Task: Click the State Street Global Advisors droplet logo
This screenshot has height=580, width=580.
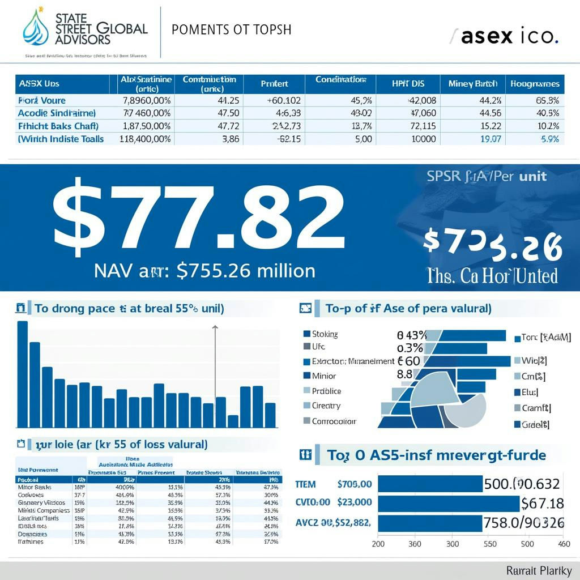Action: pyautogui.click(x=36, y=27)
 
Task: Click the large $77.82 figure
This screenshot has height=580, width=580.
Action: pyautogui.click(x=198, y=218)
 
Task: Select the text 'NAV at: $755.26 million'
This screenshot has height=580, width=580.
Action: pyautogui.click(x=204, y=271)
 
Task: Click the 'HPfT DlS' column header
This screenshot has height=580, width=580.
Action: pyautogui.click(x=408, y=84)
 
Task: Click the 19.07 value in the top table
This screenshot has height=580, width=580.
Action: pyautogui.click(x=490, y=139)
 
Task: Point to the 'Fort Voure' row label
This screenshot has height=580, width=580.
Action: pyautogui.click(x=42, y=100)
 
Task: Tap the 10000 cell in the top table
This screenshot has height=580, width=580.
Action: pyautogui.click(x=423, y=139)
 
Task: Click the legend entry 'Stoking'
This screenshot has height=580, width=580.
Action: pyautogui.click(x=325, y=334)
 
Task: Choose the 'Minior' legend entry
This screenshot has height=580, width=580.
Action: pyautogui.click(x=323, y=376)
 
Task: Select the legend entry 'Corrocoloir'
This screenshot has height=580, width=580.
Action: pyautogui.click(x=334, y=421)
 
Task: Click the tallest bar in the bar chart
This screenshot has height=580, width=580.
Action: pyautogui.click(x=23, y=374)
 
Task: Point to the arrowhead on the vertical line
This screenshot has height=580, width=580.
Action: pyautogui.click(x=215, y=327)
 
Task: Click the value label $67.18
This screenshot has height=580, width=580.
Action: pyautogui.click(x=542, y=503)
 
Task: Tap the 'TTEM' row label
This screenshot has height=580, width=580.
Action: pyautogui.click(x=306, y=484)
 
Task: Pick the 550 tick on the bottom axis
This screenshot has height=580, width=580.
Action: pyautogui.click(x=489, y=544)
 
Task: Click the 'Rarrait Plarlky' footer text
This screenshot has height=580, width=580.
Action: pyautogui.click(x=539, y=570)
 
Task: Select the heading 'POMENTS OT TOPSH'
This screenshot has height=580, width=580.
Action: pyautogui.click(x=231, y=29)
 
